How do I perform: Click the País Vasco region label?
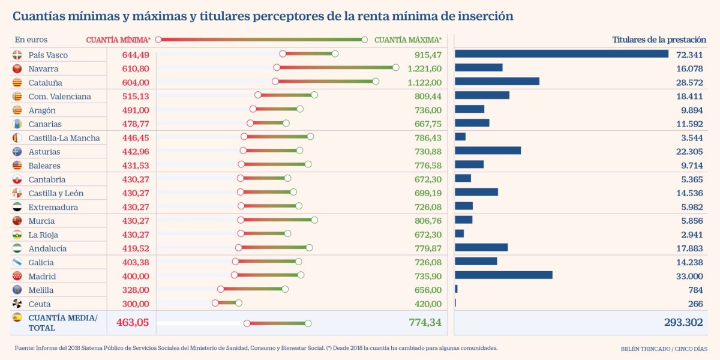[48, 55]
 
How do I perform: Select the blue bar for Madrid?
[503, 275]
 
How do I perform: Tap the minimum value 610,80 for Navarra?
[136, 69]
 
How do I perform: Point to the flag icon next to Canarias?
[17, 124]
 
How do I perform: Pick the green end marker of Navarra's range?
[395, 68]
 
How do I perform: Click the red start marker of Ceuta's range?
[215, 302]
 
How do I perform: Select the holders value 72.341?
[689, 55]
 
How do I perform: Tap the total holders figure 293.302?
[683, 323]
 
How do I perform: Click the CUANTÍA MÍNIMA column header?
[118, 40]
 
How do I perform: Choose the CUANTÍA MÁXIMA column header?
[408, 40]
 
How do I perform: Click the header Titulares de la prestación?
[659, 40]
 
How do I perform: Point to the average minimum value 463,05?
[128, 322]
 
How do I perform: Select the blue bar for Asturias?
[488, 151]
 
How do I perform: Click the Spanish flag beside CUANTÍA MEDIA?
[17, 317]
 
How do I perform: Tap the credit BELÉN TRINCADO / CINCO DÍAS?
[664, 349]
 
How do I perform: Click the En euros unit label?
[31, 40]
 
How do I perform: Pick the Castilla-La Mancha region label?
[64, 138]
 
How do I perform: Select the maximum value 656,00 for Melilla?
[428, 290]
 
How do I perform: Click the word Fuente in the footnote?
[25, 348]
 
